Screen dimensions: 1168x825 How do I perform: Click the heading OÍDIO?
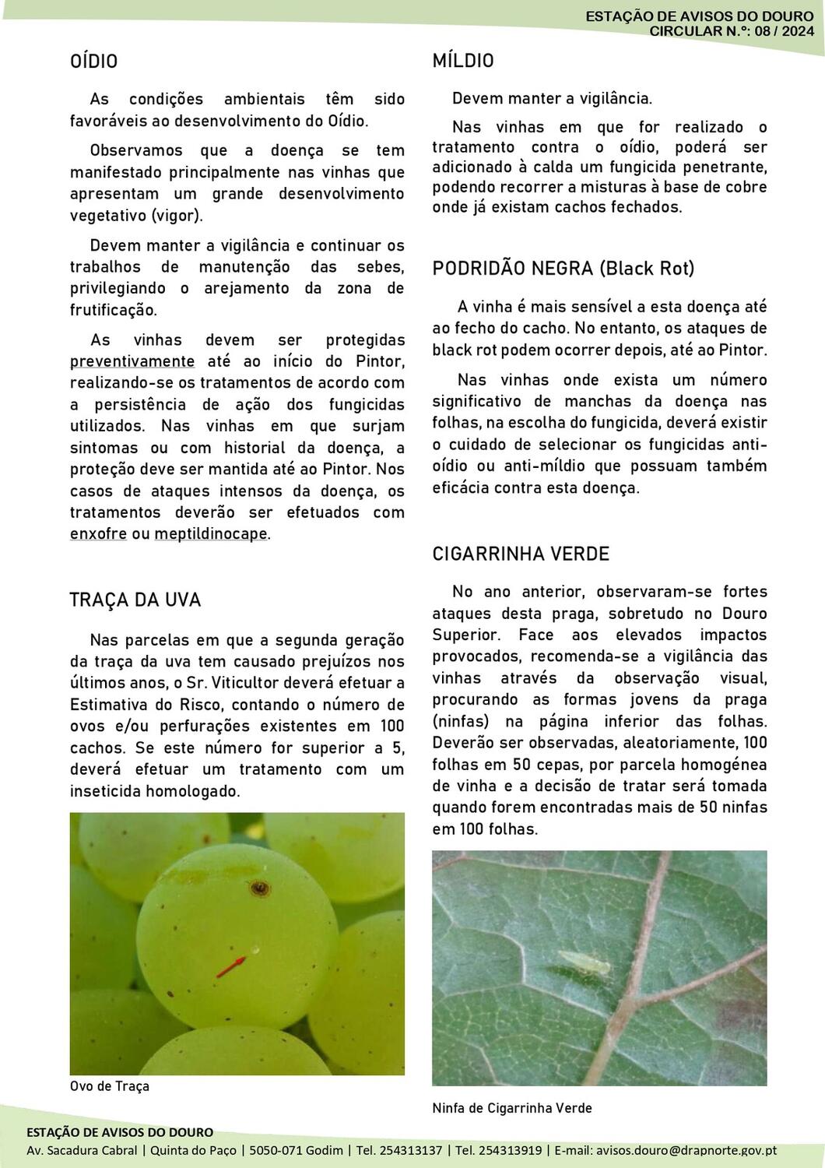coord(93,62)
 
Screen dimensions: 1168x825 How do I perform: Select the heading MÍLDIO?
coord(463,62)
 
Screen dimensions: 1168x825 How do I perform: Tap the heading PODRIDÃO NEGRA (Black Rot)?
coord(563,269)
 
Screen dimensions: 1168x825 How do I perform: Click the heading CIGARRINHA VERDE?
coord(521,554)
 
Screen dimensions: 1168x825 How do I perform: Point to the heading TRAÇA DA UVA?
coord(135,600)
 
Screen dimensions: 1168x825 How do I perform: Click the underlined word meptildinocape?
coord(211,534)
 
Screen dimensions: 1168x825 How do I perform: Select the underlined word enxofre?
coord(98,534)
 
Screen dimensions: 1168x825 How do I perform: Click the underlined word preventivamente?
coord(132,361)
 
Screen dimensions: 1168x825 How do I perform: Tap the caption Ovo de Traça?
coord(110,1086)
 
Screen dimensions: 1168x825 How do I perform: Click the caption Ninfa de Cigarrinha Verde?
coord(512,1108)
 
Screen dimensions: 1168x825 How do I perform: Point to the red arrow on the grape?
coord(230,967)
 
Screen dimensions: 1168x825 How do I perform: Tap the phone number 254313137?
coord(413,1150)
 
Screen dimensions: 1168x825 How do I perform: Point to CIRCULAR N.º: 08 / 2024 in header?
coord(731,31)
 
